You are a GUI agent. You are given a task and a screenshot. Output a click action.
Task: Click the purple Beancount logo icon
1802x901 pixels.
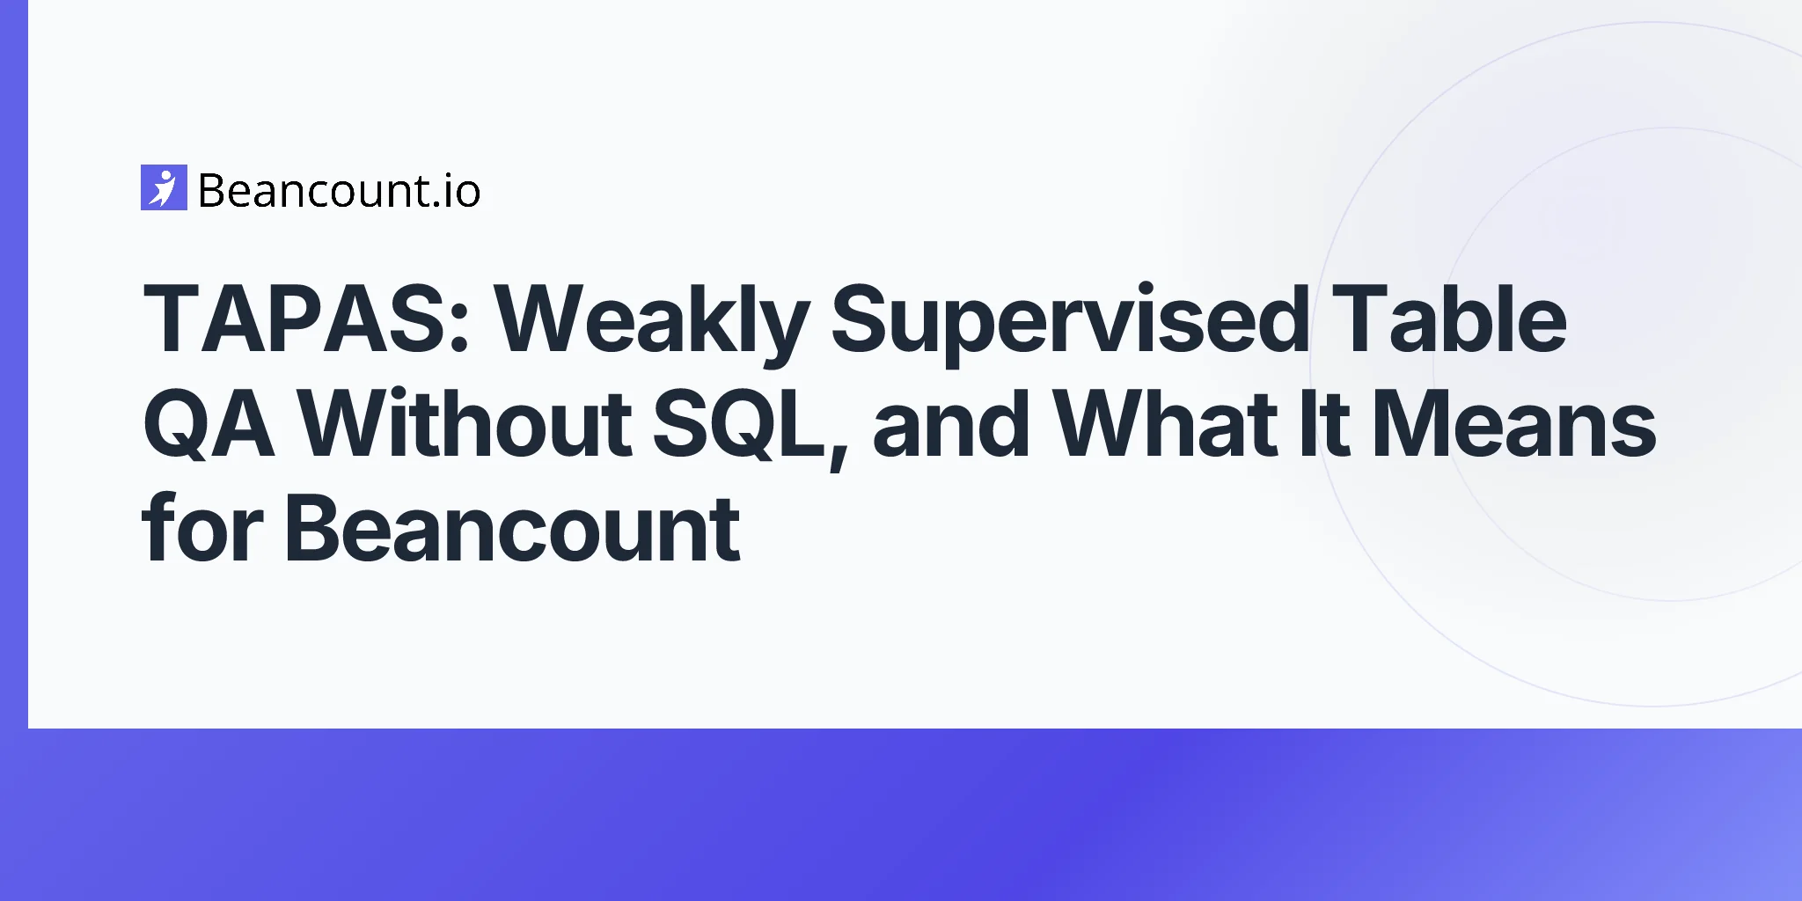click(164, 187)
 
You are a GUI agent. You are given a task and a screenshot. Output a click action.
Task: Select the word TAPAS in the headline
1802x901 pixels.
click(297, 319)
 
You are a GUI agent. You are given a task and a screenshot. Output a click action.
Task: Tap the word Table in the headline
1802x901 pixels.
click(1449, 318)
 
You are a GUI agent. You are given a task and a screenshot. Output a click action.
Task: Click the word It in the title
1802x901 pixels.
click(1324, 423)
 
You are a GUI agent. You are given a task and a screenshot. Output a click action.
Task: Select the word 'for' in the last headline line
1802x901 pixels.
click(202, 527)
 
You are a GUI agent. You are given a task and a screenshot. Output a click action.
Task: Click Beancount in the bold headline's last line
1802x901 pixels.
click(512, 528)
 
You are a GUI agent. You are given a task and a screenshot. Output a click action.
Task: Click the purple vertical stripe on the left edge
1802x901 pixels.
click(14, 364)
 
